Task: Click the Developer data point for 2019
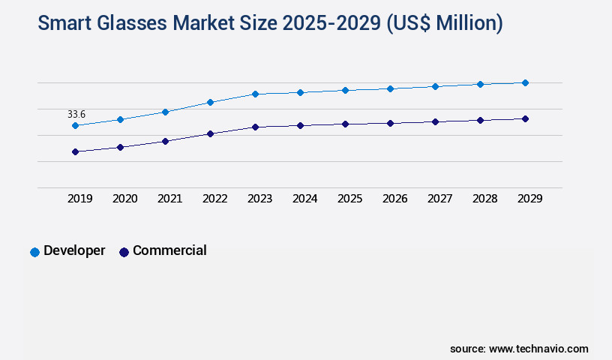pyautogui.click(x=75, y=125)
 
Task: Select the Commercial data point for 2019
pyautogui.click(x=75, y=151)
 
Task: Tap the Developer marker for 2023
pyautogui.click(x=255, y=94)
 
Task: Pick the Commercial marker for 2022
pyautogui.click(x=210, y=133)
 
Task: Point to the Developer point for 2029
pyautogui.click(x=525, y=82)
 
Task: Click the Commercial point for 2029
pyautogui.click(x=525, y=118)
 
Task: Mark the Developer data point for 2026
pyautogui.click(x=390, y=88)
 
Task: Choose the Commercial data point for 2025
pyautogui.click(x=345, y=124)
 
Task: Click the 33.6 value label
pyautogui.click(x=76, y=114)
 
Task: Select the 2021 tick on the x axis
pyautogui.click(x=169, y=199)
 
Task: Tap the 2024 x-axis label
pyautogui.click(x=304, y=199)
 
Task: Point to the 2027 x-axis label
pyautogui.click(x=439, y=199)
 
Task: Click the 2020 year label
pyautogui.click(x=124, y=199)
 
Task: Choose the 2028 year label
pyautogui.click(x=484, y=199)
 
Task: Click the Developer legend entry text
pyautogui.click(x=74, y=250)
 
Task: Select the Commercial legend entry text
pyautogui.click(x=169, y=250)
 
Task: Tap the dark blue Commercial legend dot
pyautogui.click(x=124, y=252)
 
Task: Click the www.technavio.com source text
pyautogui.click(x=538, y=349)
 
